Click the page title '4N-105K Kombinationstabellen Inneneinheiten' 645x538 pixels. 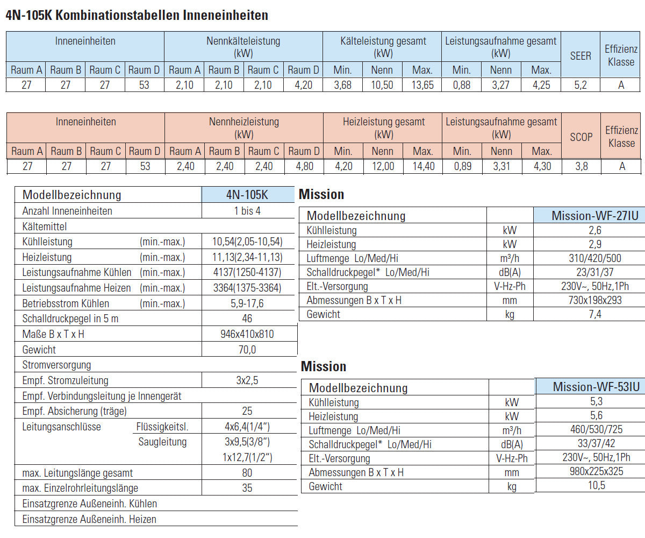pos(137,15)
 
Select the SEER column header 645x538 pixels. pos(580,55)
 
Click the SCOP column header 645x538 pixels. pos(581,137)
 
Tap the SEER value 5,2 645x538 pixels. pos(580,84)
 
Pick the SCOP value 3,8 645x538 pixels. pos(582,166)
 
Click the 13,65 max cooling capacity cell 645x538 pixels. pos(422,84)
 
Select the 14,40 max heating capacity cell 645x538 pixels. pos(423,166)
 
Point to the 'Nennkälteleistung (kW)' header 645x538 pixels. pos(243,47)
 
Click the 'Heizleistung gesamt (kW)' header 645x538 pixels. pos(384,128)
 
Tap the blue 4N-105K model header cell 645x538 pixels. pos(248,194)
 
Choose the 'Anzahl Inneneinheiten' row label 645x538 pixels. pos(67,211)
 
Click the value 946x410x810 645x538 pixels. pos(247,334)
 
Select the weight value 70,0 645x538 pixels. pos(247,350)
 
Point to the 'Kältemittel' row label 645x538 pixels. pos(45,226)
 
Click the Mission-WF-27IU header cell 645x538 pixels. pos(595,216)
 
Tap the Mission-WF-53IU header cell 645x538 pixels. pos(596,387)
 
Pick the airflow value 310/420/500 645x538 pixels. pos(595,258)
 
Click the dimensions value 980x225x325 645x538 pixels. pos(597,471)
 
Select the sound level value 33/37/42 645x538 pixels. pos(597,443)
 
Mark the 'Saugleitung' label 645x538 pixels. pos(162,442)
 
